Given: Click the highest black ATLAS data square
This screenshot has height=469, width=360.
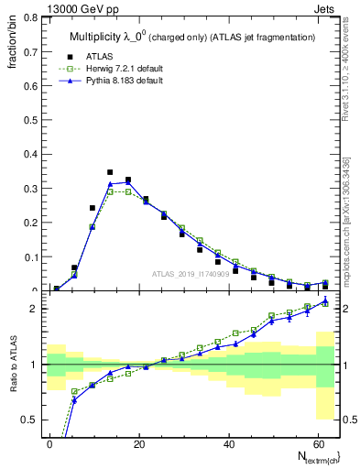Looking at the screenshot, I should click(110, 172).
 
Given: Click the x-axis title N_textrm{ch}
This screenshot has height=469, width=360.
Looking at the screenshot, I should click(312, 456).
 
